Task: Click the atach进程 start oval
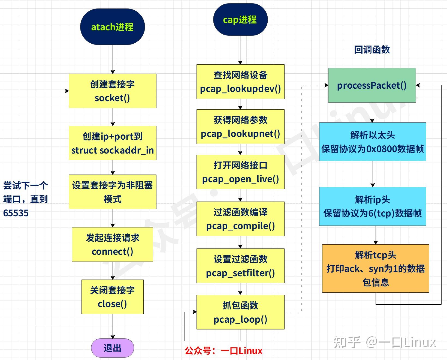tap(112, 27)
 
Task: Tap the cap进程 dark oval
tap(240, 20)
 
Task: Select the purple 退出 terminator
tap(112, 348)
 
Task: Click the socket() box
tap(112, 91)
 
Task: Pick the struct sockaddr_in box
tap(112, 143)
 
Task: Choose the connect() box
tap(112, 244)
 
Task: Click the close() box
tap(112, 297)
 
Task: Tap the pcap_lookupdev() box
tap(240, 82)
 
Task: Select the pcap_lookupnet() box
tap(240, 127)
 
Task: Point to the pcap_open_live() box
tap(240, 172)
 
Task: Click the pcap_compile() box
tap(240, 219)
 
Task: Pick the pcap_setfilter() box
tap(240, 266)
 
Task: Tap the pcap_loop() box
tap(240, 312)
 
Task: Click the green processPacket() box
tap(372, 85)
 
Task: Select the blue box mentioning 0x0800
tap(372, 142)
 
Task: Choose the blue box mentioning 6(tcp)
tap(372, 206)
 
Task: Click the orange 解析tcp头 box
tap(376, 268)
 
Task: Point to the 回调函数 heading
tap(372, 50)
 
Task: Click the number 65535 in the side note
tap(16, 213)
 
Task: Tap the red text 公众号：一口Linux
tap(223, 351)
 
